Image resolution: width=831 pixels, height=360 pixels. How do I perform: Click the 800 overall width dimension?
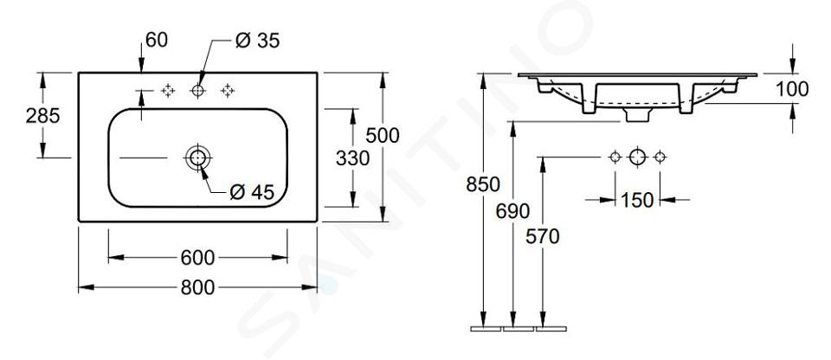point(197,287)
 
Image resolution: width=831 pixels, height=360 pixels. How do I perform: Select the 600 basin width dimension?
point(197,258)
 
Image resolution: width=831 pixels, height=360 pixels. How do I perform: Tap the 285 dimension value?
point(43,115)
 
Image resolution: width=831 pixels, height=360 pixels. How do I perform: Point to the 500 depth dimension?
point(383,136)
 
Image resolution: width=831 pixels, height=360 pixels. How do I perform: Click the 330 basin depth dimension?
point(352,158)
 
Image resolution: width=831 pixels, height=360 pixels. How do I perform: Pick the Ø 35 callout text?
point(258,41)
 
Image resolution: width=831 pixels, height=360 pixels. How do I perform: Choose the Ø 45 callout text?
point(252,192)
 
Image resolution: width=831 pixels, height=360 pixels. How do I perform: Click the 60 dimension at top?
point(157,40)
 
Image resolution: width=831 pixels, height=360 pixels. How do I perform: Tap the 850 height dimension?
point(483,184)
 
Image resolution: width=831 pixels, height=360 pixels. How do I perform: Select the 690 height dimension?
point(512,211)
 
